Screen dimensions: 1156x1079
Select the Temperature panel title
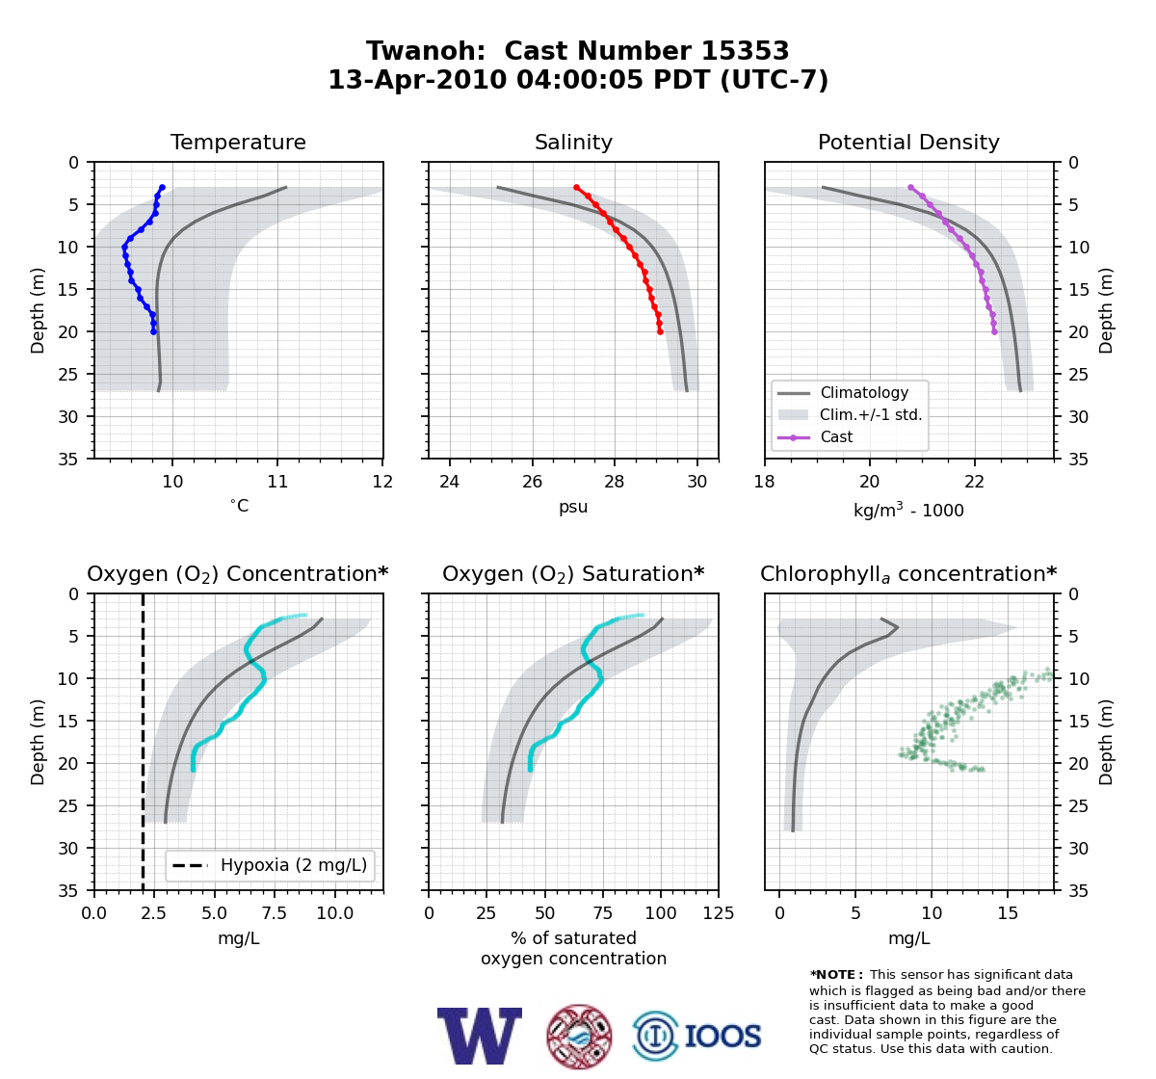coord(238,142)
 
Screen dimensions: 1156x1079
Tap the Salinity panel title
coord(573,142)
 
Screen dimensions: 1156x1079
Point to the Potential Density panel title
coord(908,142)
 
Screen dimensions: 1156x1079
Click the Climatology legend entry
coord(864,392)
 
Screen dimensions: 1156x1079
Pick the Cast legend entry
coord(836,436)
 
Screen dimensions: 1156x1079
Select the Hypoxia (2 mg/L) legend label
coord(294,865)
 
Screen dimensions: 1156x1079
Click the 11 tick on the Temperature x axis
coord(277,482)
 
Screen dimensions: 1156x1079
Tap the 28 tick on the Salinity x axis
coord(614,482)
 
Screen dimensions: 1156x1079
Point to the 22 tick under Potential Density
coord(974,482)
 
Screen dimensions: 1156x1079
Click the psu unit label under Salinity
coord(573,507)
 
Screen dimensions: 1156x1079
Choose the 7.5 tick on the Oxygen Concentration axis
coord(275,913)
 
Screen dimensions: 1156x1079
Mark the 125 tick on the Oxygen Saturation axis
coord(719,913)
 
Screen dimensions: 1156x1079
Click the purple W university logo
coord(480,1036)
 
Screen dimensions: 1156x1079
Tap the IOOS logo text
coord(722,1036)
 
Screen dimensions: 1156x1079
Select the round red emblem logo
coord(579,1037)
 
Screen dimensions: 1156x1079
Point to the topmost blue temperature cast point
coord(163,188)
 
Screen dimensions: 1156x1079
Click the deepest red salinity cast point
coord(660,332)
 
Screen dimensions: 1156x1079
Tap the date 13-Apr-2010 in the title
coord(417,80)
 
